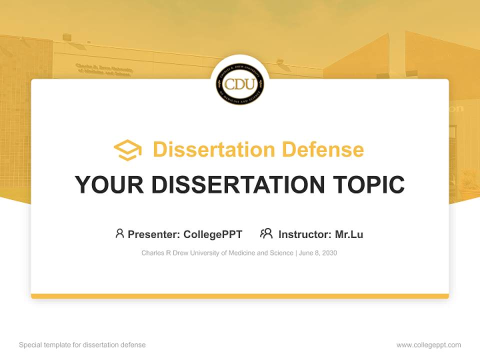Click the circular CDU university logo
click(x=240, y=84)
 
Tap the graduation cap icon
click(x=127, y=150)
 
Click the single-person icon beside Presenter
click(x=119, y=233)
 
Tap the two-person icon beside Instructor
click(x=266, y=233)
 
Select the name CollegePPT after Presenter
click(x=213, y=234)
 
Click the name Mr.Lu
click(x=349, y=234)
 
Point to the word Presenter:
click(x=154, y=234)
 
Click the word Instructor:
click(x=304, y=234)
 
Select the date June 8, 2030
click(x=318, y=253)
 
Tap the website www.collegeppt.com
click(x=428, y=345)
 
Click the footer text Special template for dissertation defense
click(x=82, y=345)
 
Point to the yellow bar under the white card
click(x=240, y=296)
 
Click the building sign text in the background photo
click(x=104, y=69)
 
